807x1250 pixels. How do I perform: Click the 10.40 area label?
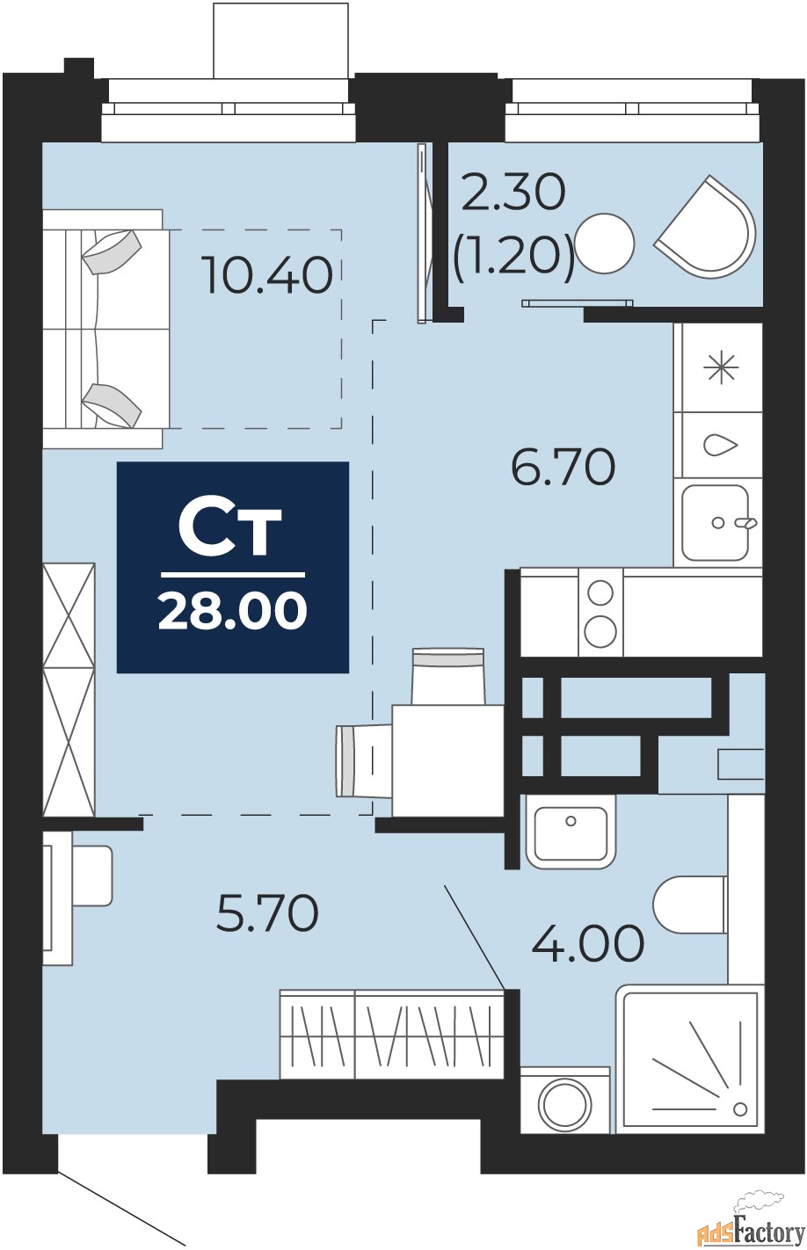(x=266, y=274)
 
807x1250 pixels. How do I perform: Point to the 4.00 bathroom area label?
(x=588, y=944)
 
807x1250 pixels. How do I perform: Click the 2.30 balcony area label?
(x=513, y=193)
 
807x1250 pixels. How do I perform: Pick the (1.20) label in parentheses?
(x=513, y=256)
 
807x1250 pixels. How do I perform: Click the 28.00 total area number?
(x=232, y=611)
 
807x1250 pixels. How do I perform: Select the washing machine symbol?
(x=564, y=1101)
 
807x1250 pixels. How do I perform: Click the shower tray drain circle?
(x=739, y=1107)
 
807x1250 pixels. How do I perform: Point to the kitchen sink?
(x=716, y=522)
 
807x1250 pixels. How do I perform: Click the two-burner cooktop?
(x=600, y=612)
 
